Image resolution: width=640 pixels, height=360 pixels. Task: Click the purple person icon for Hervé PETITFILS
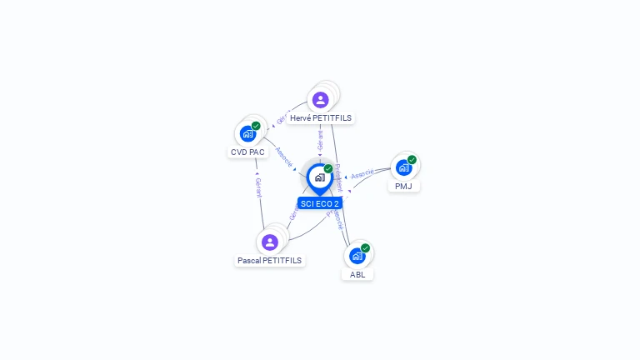[320, 100]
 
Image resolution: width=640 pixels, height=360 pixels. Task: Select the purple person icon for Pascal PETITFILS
[269, 242]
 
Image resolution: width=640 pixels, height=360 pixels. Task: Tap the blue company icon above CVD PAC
[247, 133]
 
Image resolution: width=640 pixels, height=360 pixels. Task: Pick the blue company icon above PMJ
[403, 167]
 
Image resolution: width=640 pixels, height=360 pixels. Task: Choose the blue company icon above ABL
[357, 256]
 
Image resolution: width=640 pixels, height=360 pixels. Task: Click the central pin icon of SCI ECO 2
[319, 177]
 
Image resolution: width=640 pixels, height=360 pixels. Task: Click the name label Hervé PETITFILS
[321, 118]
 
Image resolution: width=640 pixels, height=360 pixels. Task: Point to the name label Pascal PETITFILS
[269, 261]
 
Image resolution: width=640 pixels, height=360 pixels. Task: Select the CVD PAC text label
[247, 152]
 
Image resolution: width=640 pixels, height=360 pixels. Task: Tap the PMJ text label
[403, 186]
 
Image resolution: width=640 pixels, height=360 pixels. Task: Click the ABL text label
[357, 274]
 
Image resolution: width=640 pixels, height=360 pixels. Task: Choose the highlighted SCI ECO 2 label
[320, 203]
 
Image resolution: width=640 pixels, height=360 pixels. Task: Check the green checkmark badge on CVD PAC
[256, 126]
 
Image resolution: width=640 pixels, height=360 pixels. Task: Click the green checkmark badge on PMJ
[412, 160]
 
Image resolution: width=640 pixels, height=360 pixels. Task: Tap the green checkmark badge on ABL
[365, 247]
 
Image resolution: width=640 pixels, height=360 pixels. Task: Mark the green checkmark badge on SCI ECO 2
[328, 169]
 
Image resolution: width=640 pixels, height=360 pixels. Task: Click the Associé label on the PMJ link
[362, 175]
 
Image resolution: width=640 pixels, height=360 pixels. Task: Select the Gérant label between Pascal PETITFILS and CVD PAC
[258, 187]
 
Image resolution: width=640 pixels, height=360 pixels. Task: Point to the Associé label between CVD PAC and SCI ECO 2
[283, 157]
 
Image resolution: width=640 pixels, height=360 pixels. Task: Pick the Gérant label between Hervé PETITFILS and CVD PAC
[282, 117]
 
